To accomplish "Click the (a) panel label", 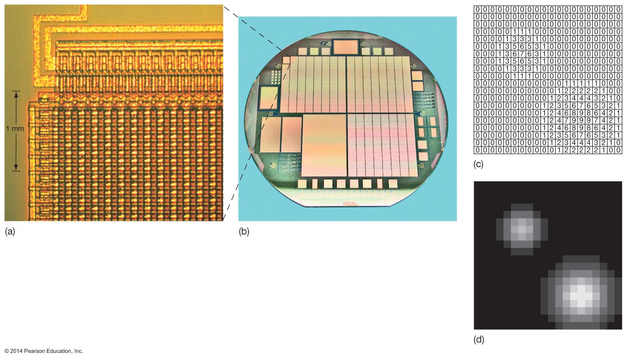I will pos(10,231).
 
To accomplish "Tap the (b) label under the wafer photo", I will pos(244,231).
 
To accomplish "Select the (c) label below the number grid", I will pos(479,164).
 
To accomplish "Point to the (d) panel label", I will pos(479,340).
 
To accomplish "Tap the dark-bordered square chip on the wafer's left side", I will pos(268,98).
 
